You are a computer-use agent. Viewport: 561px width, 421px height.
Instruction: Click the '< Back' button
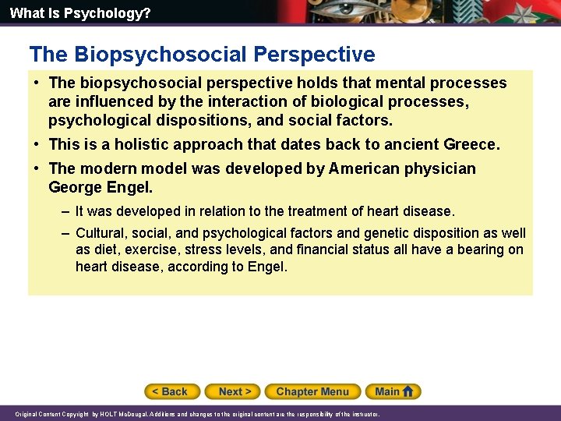tap(172, 391)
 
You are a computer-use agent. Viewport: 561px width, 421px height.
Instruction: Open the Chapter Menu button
tap(312, 391)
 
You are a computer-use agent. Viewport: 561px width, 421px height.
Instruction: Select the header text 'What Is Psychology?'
tap(80, 13)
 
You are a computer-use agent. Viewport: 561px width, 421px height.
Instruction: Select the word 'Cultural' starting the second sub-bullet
tap(101, 233)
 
